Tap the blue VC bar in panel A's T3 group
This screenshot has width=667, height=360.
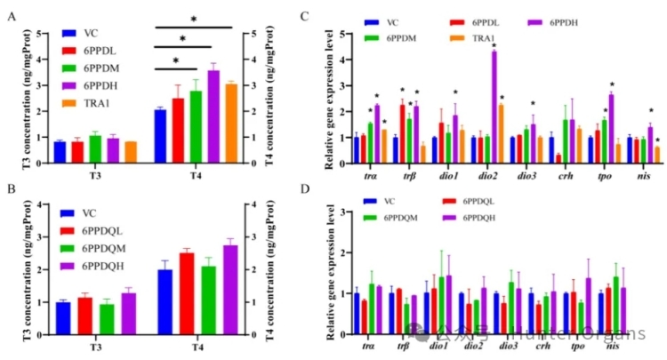(x=60, y=152)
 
